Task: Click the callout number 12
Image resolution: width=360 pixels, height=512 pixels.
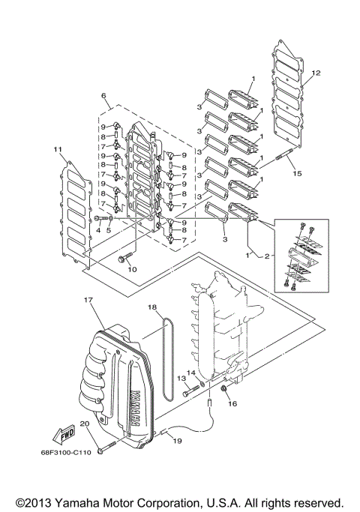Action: tap(316, 73)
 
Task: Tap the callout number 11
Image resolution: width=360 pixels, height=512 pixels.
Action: tap(57, 151)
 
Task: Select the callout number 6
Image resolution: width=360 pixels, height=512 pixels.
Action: tap(104, 97)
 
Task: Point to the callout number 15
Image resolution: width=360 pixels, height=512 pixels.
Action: tap(297, 173)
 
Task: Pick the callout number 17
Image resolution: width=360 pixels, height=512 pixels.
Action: tap(88, 301)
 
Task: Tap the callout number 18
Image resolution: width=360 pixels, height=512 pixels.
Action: tap(151, 307)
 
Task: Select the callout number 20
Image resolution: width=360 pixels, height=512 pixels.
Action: tap(85, 425)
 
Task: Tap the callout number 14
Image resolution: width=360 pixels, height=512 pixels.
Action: tap(190, 373)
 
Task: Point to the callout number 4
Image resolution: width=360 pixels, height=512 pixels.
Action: tap(97, 230)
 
